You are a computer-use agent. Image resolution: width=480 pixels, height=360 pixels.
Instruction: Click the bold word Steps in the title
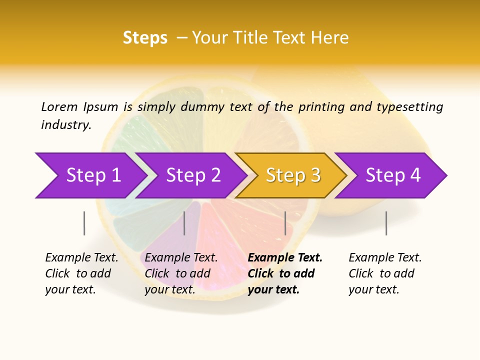click(145, 38)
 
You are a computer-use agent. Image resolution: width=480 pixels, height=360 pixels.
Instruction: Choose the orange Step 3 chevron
click(293, 175)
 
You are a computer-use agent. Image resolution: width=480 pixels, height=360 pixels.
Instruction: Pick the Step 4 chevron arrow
click(393, 175)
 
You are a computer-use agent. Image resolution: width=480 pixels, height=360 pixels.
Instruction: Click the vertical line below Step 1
click(84, 223)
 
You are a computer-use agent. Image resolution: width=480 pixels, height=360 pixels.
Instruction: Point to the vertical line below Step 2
click(184, 223)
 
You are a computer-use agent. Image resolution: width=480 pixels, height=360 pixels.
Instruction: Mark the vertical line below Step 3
click(285, 223)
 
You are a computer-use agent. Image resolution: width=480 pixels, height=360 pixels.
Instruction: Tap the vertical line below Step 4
click(386, 223)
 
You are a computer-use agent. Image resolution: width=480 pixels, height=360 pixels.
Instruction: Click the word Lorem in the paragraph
click(59, 106)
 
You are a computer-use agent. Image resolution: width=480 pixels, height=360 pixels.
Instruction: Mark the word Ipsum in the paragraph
click(100, 106)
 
